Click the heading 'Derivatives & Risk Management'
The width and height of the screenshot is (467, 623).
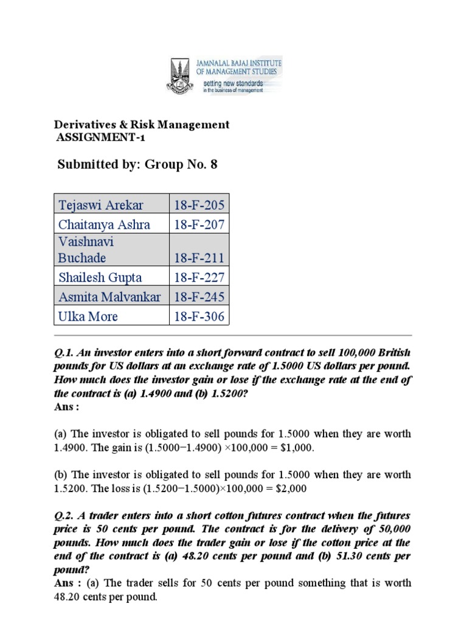(x=143, y=125)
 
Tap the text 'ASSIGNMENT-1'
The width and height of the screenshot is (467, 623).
(x=101, y=137)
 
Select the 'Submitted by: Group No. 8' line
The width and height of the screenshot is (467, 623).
(x=137, y=164)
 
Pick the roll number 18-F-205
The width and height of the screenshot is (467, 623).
(x=199, y=204)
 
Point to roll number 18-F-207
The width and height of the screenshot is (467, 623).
(x=199, y=224)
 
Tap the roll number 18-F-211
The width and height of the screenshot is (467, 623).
(x=199, y=258)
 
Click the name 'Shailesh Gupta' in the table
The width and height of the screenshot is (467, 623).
(x=100, y=277)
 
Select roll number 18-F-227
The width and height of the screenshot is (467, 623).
(x=199, y=277)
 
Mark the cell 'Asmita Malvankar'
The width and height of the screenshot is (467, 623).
(x=109, y=297)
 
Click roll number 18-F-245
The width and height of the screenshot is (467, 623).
(x=199, y=297)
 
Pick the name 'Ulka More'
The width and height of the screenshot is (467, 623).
(x=88, y=316)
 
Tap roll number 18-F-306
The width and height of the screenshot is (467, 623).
(x=199, y=316)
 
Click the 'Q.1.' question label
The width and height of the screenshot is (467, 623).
(x=64, y=355)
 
